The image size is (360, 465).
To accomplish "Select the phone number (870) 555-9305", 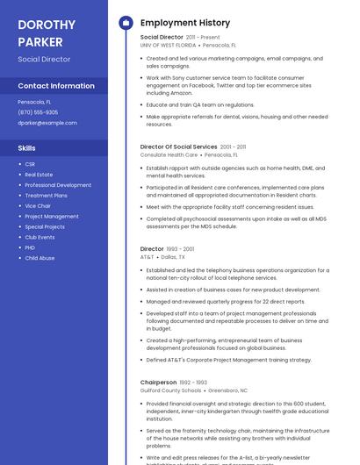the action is point(38,112).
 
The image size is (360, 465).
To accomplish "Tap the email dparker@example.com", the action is point(47,123).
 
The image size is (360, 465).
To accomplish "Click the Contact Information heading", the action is point(56,86).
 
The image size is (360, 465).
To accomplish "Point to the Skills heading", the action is point(27,148).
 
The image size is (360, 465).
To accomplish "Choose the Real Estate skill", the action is point(39,175).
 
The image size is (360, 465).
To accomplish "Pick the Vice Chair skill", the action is point(38,206).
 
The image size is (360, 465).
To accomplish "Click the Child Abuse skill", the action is point(40,258).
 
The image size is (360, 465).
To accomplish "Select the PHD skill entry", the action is point(30,247).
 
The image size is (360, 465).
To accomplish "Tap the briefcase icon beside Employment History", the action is point(126,23).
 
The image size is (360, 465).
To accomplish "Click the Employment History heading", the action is point(185,23).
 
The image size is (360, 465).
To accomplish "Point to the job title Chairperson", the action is point(158,383).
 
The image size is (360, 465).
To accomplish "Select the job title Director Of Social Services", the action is point(178,147).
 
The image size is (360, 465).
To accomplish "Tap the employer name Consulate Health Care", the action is point(169,154).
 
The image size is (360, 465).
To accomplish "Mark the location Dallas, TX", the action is point(173,257).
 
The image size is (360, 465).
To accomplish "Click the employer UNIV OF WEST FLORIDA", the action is point(168,45).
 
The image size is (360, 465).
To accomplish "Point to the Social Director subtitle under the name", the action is point(44,59).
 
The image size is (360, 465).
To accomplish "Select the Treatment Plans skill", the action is point(46,196).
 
